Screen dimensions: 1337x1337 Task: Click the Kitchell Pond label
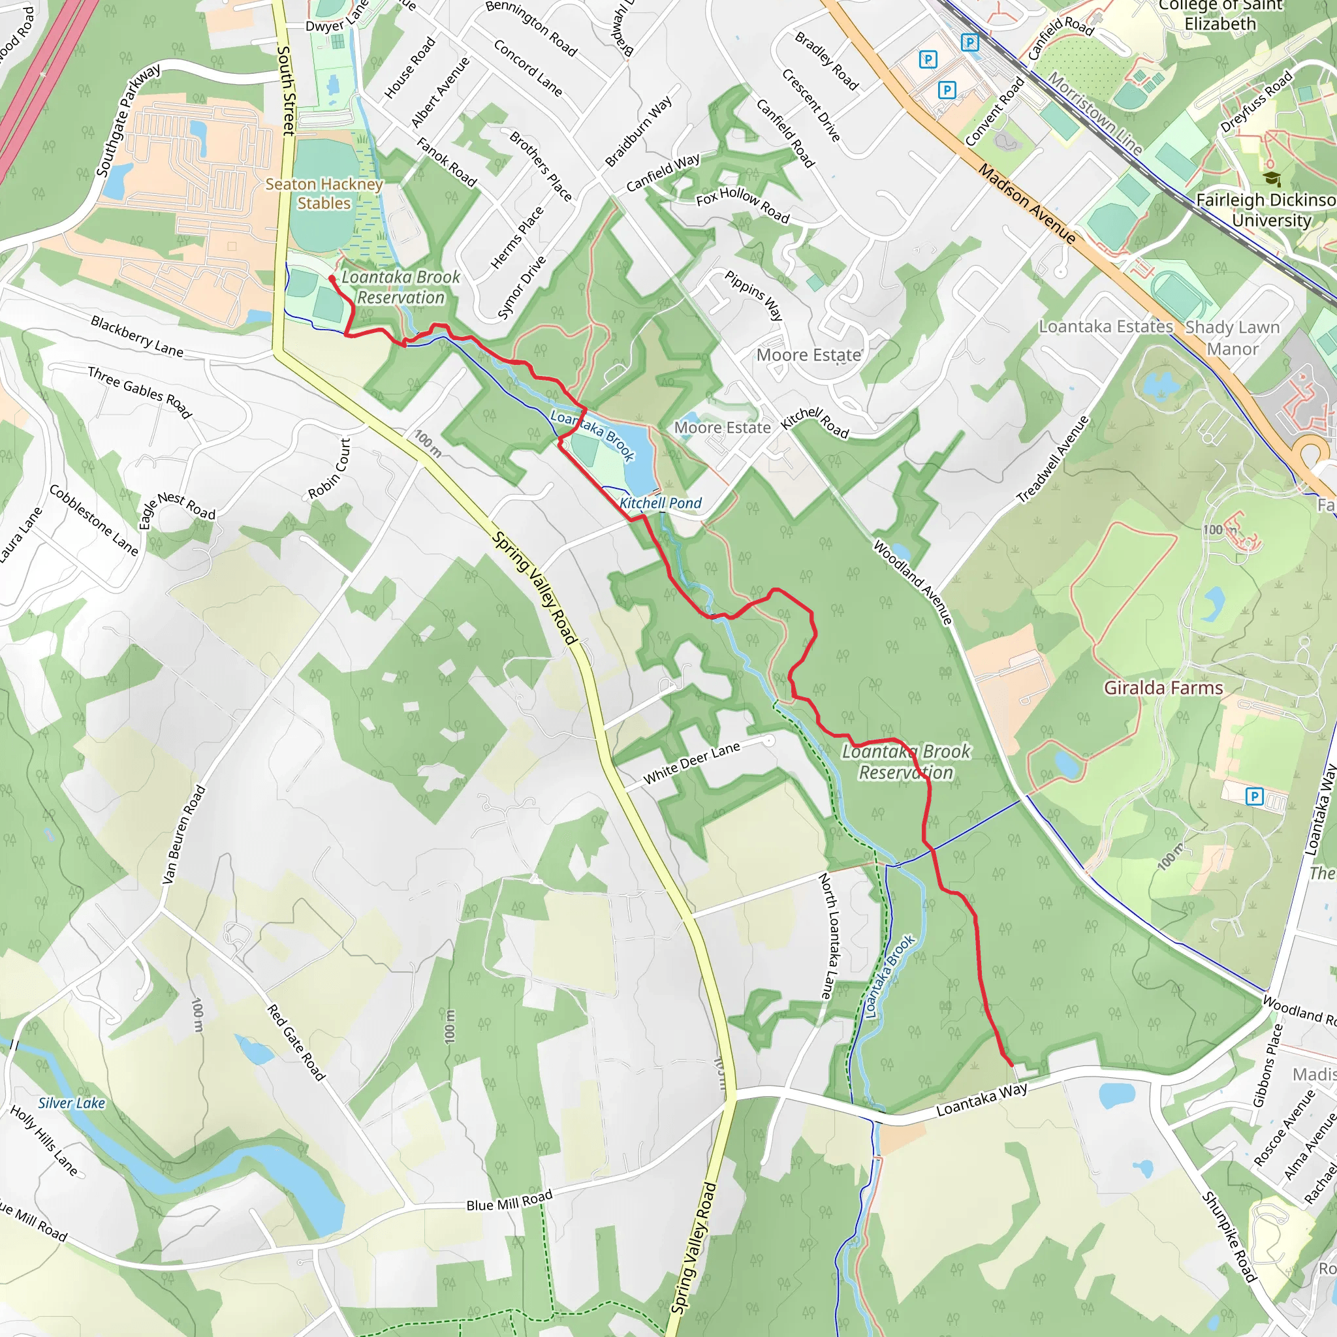pos(660,503)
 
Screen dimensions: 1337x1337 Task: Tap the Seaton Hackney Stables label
pos(324,194)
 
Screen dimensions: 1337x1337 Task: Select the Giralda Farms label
pos(1163,688)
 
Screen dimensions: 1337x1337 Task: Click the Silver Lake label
pos(72,1103)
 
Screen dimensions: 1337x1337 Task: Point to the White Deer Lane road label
pos(691,763)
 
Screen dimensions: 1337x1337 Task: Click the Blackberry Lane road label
pos(137,336)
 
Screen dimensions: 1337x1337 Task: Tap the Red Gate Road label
pos(296,1042)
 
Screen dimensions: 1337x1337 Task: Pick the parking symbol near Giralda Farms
pos(1254,796)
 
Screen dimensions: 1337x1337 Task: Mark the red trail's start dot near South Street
pos(332,279)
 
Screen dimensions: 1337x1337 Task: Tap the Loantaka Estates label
pos(1106,326)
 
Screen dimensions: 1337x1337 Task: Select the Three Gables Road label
pos(139,392)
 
